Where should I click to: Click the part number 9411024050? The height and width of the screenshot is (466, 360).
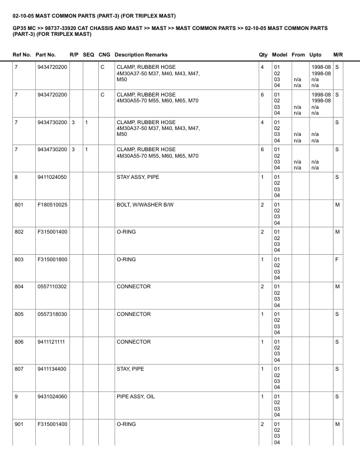pos(51,177)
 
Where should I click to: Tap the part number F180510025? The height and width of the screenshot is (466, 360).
pos(51,204)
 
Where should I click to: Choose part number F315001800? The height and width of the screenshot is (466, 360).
pos(51,259)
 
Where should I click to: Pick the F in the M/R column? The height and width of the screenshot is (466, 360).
pos(337,259)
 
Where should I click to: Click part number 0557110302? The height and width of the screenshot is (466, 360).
pos(51,287)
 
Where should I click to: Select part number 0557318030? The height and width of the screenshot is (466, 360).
pos(51,314)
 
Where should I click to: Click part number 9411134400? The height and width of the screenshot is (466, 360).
pos(51,369)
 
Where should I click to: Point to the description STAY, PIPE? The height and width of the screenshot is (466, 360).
pos(130,369)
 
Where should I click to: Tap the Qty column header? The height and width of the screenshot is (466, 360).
pos(263,55)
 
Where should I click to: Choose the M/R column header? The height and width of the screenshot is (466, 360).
pos(338,55)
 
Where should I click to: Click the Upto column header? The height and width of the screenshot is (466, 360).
pos(315,55)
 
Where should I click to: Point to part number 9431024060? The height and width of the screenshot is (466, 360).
pos(51,397)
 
